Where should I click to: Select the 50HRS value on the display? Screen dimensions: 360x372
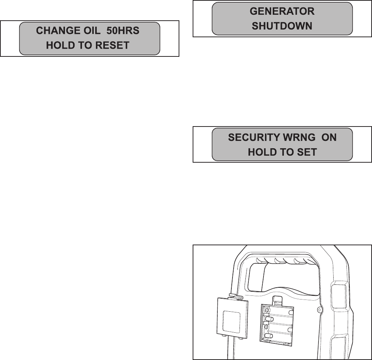tap(123, 31)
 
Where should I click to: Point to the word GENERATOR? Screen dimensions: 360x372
tap(282, 11)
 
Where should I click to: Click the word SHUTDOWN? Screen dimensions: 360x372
tap(282, 26)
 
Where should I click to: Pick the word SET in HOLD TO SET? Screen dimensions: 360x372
tap(307, 152)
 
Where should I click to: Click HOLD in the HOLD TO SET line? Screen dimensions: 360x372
tap(260, 152)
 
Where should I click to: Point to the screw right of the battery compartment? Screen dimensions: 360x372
tap(320, 308)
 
